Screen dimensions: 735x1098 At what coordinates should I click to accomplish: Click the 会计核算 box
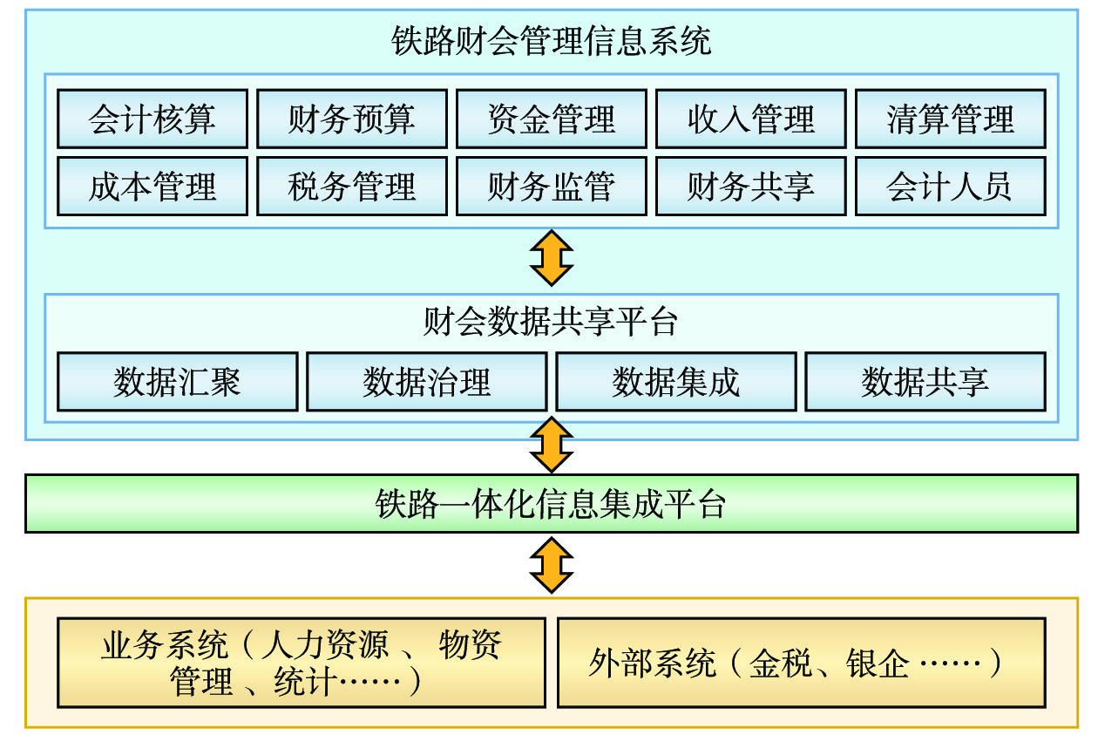tap(152, 119)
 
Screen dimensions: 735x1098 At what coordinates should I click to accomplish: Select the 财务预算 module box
tap(352, 119)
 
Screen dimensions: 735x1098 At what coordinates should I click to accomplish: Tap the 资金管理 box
tap(552, 119)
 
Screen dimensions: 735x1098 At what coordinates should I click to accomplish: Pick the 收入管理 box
tap(751, 119)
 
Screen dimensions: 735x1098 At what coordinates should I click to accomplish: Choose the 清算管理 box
tap(951, 119)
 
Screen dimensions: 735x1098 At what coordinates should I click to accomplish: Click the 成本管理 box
tap(152, 186)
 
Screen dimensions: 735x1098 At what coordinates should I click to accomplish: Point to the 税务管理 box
tap(352, 186)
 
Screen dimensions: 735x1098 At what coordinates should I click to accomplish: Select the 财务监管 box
tap(552, 186)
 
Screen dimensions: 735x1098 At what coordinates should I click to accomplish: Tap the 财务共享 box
tap(751, 186)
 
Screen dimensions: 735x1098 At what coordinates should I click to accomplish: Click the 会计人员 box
tap(951, 186)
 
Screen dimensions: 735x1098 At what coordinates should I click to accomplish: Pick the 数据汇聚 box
tap(178, 381)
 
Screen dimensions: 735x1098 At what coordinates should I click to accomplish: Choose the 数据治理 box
tap(427, 381)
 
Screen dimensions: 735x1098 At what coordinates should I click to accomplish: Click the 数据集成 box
tap(676, 381)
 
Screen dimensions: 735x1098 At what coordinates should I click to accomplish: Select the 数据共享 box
tap(925, 381)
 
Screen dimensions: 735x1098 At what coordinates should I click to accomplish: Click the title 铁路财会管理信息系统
tap(552, 42)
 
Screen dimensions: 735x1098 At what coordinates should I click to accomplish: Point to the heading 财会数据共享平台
tap(552, 323)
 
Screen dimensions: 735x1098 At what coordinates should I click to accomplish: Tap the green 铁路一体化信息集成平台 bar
tap(552, 504)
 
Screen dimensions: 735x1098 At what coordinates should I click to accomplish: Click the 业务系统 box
tap(302, 663)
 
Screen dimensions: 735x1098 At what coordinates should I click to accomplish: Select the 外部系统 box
tap(801, 663)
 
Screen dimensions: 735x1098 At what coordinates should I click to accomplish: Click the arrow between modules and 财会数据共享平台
tap(552, 258)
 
